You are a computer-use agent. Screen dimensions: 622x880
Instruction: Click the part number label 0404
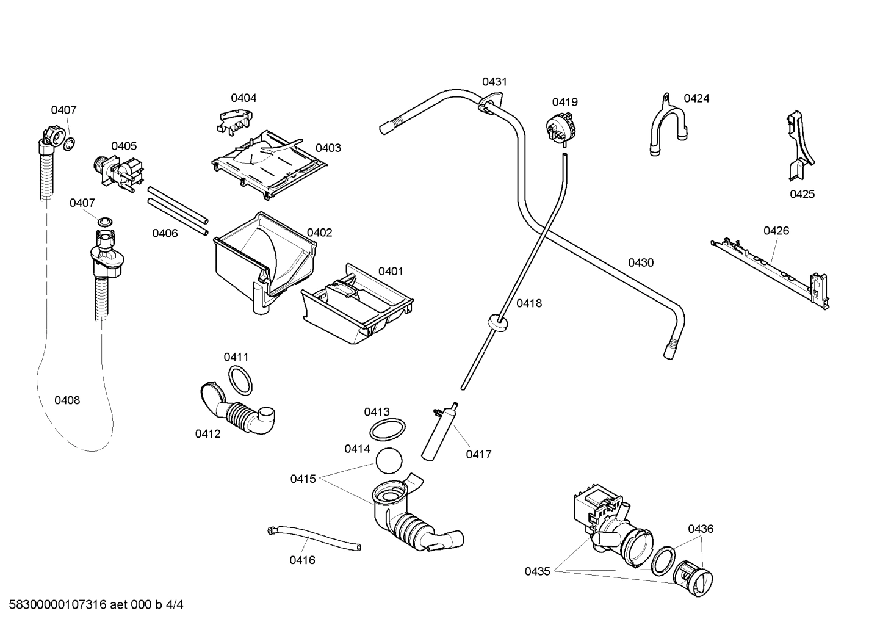pos(243,98)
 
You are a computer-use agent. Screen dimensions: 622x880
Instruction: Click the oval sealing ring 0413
pos(388,429)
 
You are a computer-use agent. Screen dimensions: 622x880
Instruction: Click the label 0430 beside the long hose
pos(641,262)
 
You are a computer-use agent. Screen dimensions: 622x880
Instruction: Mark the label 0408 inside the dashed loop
pos(67,400)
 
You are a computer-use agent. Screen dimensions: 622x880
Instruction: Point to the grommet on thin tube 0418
pos(499,321)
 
